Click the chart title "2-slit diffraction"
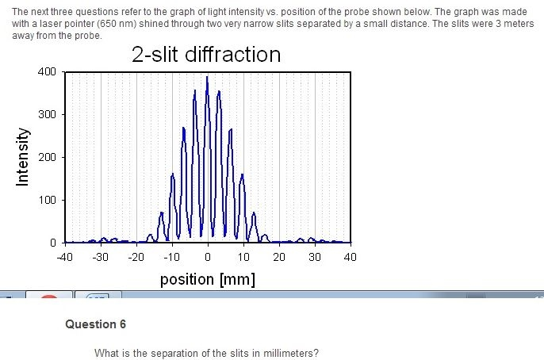206,54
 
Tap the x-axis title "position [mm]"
207,279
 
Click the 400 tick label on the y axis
46,72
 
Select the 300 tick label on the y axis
46,115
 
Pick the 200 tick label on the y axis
46,157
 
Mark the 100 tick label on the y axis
46,200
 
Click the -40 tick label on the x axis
64,257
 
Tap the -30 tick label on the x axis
100,257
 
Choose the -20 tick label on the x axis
136,257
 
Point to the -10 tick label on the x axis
171,257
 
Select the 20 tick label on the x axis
279,257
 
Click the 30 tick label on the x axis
315,257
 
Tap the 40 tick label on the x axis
351,257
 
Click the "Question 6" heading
95,324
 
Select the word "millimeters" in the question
292,353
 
